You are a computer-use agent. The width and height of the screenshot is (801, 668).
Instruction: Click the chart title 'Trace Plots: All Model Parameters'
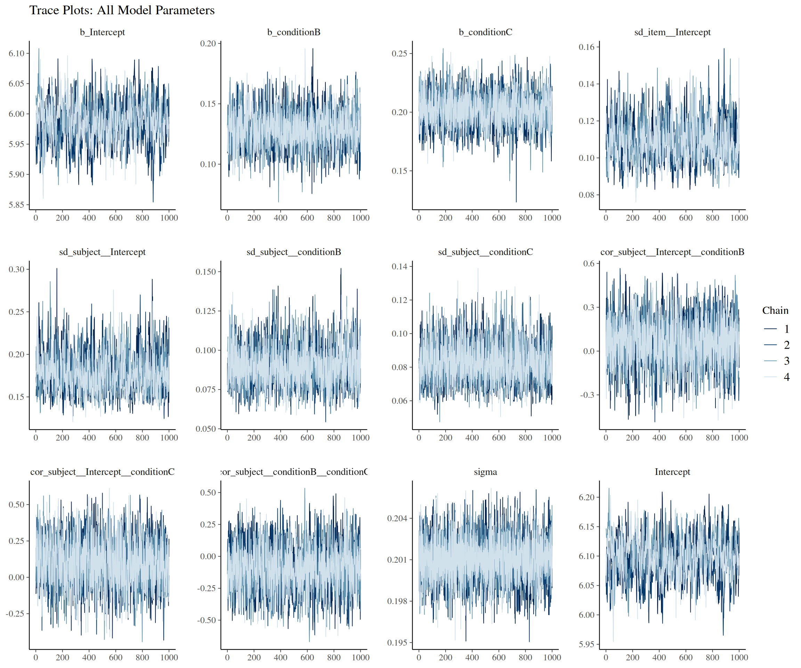coord(122,10)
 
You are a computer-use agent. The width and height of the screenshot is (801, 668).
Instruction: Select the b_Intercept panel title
coord(102,32)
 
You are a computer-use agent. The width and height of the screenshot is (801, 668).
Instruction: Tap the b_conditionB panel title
coord(294,32)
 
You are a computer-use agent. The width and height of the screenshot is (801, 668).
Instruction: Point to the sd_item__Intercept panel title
coord(672,32)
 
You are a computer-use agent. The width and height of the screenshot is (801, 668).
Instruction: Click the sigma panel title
coord(485,472)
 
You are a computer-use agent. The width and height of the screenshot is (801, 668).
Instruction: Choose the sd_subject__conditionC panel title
coord(485,252)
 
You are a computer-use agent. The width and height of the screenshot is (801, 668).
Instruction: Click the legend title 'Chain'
coord(775,310)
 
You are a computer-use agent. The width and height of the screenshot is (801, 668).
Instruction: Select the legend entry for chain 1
coord(776,329)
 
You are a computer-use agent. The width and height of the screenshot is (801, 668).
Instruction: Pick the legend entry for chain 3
coord(776,361)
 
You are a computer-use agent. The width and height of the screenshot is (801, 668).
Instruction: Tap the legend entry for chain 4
coord(776,377)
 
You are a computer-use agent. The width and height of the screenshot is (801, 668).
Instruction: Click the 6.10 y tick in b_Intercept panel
coord(17,54)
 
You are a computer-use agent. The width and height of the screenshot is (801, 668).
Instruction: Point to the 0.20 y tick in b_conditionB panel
coord(208,43)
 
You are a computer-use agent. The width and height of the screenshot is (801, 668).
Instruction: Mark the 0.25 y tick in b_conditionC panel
coord(400,54)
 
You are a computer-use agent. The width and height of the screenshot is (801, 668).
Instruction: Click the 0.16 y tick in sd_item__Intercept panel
coord(586,47)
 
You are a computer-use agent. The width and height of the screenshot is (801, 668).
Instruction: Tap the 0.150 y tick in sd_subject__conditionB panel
coord(206,272)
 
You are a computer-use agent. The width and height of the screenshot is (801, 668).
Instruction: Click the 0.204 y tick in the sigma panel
coord(397,518)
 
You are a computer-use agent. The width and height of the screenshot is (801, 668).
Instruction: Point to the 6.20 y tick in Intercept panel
coord(586,498)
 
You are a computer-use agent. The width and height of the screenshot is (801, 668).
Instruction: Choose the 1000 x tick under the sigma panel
coord(552,657)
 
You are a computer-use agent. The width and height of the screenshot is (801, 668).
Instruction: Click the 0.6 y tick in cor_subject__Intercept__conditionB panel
coord(589,263)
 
